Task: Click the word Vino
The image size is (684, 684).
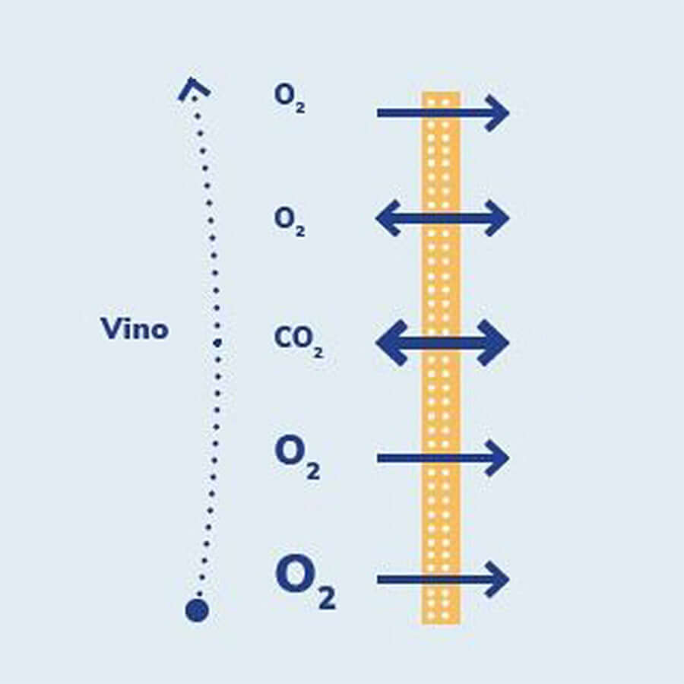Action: [x=135, y=329]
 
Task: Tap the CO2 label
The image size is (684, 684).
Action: [x=299, y=340]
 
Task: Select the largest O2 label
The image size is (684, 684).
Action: [x=305, y=581]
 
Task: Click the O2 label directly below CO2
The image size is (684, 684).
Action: [x=297, y=457]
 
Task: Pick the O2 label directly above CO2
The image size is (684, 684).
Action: [x=290, y=220]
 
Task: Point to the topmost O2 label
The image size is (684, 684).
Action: [x=290, y=97]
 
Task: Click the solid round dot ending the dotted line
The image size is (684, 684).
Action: [x=197, y=610]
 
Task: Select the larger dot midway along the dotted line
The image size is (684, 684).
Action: [x=217, y=343]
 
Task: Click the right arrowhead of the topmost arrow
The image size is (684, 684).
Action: [x=499, y=113]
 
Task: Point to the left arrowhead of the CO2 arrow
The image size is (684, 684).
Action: [x=391, y=343]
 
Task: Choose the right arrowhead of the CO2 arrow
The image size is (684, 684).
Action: [x=494, y=343]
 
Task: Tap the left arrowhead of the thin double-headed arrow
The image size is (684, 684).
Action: [x=388, y=219]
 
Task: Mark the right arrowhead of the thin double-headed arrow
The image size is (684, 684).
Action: [x=498, y=219]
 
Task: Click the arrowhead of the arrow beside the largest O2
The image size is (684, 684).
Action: [x=499, y=580]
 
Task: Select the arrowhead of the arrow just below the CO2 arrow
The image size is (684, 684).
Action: [x=499, y=458]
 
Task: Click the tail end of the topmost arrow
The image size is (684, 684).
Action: [x=380, y=113]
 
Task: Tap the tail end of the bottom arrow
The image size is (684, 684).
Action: [x=380, y=580]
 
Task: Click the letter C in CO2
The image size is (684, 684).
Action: [x=281, y=338]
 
